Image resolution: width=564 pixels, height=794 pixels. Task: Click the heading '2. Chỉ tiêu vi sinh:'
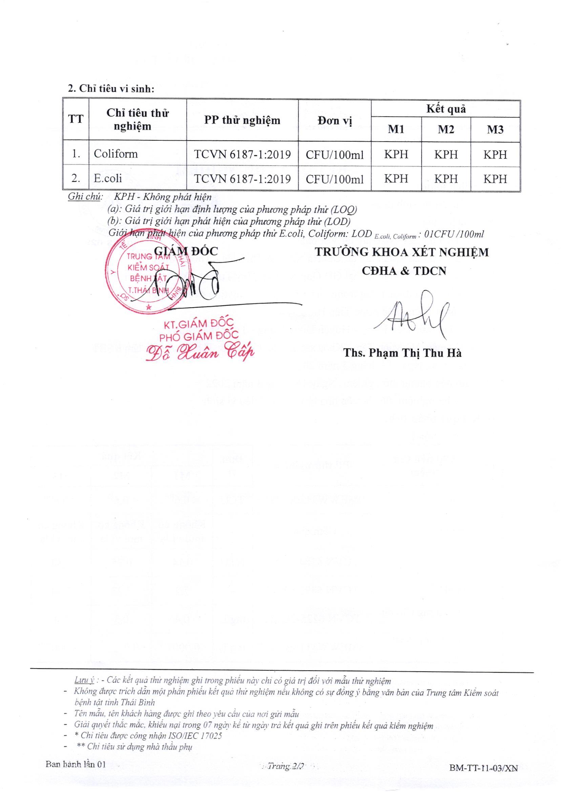111,89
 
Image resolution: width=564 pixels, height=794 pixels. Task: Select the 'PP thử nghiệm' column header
242,120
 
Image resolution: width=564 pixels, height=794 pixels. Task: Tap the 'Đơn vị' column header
334,121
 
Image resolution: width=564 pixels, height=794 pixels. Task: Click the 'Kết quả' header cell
445,109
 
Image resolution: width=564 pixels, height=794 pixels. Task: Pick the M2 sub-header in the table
446,129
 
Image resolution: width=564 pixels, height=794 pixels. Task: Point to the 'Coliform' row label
116,154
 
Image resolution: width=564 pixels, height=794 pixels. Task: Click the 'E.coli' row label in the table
108,178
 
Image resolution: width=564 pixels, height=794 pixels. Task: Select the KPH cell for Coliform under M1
396,154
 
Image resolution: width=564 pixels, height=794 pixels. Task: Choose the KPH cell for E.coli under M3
495,179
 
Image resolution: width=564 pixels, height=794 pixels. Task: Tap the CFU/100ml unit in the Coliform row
334,155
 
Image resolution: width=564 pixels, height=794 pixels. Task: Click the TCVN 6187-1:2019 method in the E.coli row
242,179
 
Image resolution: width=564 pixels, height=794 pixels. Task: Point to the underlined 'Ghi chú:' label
85,197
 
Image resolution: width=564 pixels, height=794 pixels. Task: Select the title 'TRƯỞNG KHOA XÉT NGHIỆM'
401,252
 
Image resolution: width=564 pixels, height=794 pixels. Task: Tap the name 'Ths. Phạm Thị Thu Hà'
402,353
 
